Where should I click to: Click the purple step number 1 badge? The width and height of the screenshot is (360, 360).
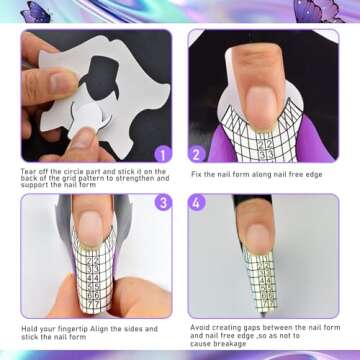[163, 154]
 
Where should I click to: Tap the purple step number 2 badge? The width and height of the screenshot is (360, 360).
[197, 154]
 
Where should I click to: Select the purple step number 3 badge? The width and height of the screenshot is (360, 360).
[163, 202]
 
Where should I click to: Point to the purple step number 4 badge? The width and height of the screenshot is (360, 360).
[197, 202]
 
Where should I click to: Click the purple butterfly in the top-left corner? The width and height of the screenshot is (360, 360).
[35, 12]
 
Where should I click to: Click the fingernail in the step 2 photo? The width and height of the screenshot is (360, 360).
[263, 107]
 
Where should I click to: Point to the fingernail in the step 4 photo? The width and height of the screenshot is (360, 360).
[255, 238]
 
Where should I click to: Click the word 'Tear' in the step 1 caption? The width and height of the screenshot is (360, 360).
[27, 172]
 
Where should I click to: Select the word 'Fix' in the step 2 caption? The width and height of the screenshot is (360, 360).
[196, 174]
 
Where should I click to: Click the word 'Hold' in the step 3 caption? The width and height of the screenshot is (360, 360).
[28, 329]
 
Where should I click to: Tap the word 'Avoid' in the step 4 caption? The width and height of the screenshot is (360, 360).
[199, 327]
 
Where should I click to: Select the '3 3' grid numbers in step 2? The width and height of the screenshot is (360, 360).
[266, 154]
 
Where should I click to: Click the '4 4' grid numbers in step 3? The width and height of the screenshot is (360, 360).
[94, 277]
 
